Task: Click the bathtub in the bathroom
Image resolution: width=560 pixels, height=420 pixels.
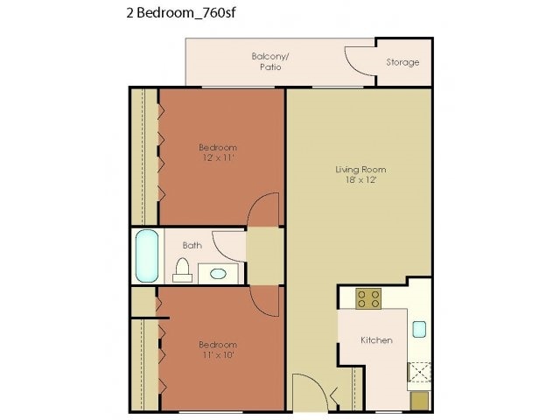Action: [x=147, y=255]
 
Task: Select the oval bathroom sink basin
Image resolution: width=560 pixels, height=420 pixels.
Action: [x=217, y=274]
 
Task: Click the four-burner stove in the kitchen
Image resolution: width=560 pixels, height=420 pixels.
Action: [x=368, y=299]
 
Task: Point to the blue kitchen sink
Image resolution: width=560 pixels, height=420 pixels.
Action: [x=418, y=329]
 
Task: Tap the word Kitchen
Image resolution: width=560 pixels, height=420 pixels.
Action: [x=377, y=339]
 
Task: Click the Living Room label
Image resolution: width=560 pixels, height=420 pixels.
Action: [x=360, y=169]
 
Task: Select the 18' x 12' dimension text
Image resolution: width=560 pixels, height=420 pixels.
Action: [x=360, y=180]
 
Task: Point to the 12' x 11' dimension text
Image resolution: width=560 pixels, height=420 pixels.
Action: [x=217, y=158]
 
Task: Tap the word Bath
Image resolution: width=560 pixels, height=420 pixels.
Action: [x=192, y=245]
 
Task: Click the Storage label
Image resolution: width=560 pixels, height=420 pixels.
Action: [x=402, y=62]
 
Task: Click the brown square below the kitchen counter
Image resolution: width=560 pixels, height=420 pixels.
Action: [x=419, y=400]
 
